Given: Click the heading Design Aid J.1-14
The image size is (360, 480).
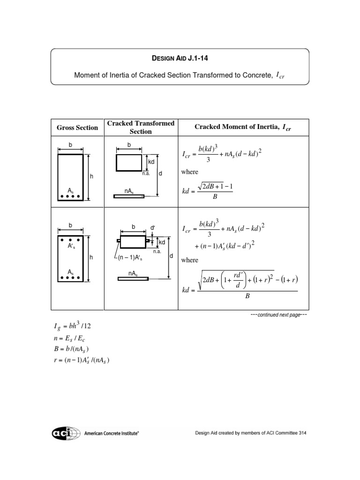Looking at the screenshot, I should [x=180, y=59].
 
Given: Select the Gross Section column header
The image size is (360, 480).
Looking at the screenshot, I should [x=77, y=127].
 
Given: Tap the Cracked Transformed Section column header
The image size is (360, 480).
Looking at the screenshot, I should [x=141, y=127].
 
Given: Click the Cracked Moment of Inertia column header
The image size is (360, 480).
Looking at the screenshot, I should [x=243, y=127].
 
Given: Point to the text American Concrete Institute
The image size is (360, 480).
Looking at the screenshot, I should [x=111, y=434].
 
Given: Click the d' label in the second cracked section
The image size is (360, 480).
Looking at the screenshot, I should [x=152, y=228].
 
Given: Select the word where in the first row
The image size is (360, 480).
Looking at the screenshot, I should [x=190, y=172].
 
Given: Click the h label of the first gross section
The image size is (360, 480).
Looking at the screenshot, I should [x=92, y=177].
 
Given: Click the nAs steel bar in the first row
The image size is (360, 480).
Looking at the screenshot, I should [x=129, y=196].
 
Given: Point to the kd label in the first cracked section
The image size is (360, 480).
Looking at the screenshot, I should [x=151, y=161].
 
